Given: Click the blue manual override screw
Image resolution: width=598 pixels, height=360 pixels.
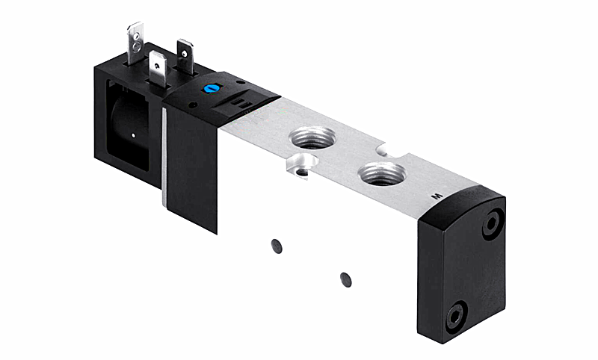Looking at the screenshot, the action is pyautogui.click(x=209, y=89).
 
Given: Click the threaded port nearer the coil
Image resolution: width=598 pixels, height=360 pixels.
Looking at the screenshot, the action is pyautogui.click(x=312, y=137).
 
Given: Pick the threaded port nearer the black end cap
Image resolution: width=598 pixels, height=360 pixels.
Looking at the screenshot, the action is pyautogui.click(x=383, y=174).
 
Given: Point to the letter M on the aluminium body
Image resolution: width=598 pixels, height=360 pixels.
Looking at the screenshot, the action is pyautogui.click(x=437, y=196).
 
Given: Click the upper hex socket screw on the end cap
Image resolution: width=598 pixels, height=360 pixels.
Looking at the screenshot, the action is pyautogui.click(x=492, y=224).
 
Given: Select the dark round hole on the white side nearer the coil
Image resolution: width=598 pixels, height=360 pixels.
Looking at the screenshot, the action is pyautogui.click(x=277, y=246).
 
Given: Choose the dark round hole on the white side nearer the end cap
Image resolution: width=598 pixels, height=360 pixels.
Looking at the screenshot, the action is pyautogui.click(x=345, y=279).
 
